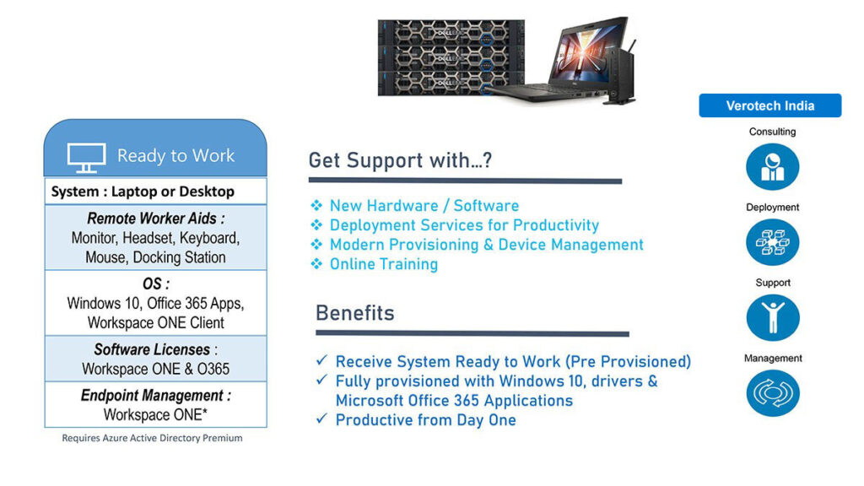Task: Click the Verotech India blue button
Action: pos(769,105)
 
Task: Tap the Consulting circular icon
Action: pos(773,166)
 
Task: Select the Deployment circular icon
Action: pos(773,242)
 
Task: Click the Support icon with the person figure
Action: pos(773,317)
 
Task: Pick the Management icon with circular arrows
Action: pos(773,393)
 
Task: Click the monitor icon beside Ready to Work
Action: pos(87,158)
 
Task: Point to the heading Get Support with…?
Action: pos(400,160)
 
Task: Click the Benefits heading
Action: pos(355,313)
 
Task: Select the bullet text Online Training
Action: pos(384,264)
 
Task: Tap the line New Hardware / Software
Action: pos(424,206)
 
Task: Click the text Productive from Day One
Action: pos(425,420)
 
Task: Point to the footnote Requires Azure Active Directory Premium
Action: pos(152,438)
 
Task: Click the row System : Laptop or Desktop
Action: pos(143,192)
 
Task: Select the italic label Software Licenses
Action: pos(152,349)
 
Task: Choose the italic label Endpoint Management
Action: pos(152,395)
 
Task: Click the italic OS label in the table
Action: pos(153,283)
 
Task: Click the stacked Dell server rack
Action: pos(451,58)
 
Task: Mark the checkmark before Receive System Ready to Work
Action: pos(321,360)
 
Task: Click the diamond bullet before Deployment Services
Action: pos(316,224)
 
